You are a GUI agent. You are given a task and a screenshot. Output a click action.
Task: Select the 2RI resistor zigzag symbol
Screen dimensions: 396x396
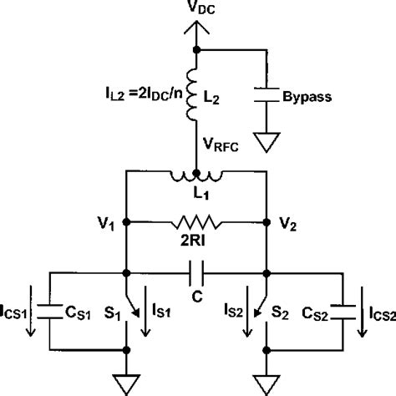195,223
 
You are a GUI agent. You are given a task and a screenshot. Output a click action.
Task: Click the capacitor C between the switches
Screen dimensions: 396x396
195,272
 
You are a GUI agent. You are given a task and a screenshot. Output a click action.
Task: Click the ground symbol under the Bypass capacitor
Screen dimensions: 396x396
268,145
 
